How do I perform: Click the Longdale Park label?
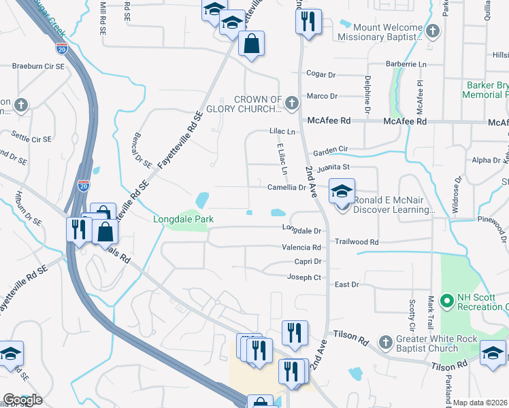[x=184, y=219]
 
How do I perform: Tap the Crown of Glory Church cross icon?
[x=292, y=103]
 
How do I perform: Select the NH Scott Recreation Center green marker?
[x=447, y=300]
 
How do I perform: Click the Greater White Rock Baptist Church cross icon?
[x=385, y=341]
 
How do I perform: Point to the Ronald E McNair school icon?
[x=342, y=191]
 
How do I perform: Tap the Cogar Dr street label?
[x=321, y=74]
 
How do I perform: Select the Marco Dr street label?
[x=321, y=97]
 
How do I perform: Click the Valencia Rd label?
[x=301, y=248]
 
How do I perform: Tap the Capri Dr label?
[x=307, y=261]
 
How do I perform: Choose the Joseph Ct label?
[x=303, y=277]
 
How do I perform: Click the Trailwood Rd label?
[x=356, y=241]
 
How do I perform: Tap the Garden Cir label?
[x=330, y=148]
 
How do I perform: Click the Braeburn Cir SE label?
[x=38, y=67]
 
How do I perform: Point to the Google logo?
[x=22, y=400]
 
